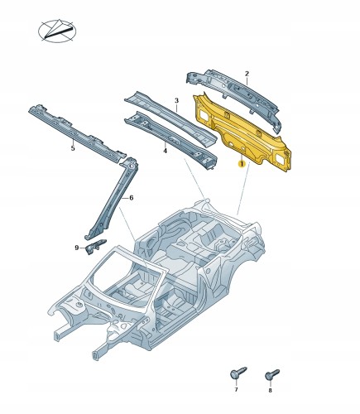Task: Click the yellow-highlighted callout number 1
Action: pos(242,164)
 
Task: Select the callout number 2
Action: pos(247,74)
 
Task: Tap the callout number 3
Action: pos(177,101)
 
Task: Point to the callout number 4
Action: pos(165,151)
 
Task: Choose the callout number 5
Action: pos(73,148)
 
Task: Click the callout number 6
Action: pos(132,198)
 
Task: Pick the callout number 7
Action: pos(236,390)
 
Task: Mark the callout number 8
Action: pos(270,391)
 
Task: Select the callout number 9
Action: pos(77,248)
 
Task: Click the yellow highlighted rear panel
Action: pos(242,132)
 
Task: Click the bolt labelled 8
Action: pos(272,375)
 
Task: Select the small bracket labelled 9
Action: pos(95,246)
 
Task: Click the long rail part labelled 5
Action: pos(77,132)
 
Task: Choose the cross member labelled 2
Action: pos(234,98)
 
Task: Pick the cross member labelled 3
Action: pos(171,118)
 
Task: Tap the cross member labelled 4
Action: pos(171,141)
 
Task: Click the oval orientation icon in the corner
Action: pos(57,31)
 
